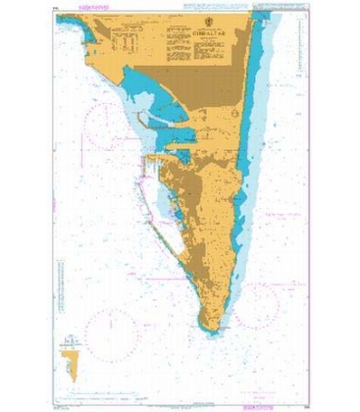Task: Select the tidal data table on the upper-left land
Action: [x=128, y=44]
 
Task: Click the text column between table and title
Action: [x=162, y=44]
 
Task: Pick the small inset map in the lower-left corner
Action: [x=70, y=360]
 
